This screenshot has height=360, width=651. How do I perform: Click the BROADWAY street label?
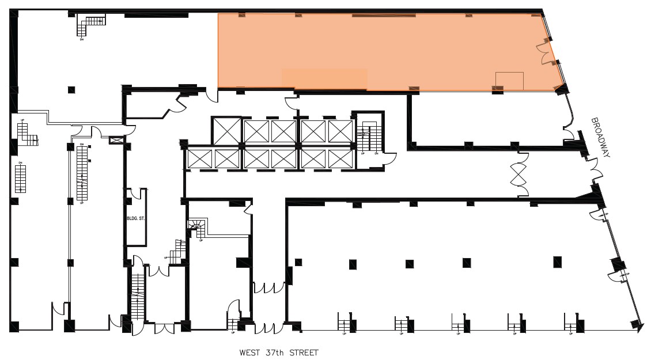point(600,137)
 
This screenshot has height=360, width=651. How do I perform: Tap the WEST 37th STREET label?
point(279,353)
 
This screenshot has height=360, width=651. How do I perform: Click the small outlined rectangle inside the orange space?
point(509,81)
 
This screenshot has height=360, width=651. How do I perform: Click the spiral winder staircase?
point(197,228)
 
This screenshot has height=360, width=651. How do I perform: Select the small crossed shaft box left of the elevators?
point(116,140)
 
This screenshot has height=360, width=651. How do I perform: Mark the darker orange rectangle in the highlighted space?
point(324,79)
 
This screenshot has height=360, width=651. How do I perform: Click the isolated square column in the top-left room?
point(71,89)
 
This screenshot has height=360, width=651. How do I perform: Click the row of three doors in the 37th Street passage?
point(269,287)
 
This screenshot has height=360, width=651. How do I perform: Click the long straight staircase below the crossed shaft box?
point(81,173)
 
